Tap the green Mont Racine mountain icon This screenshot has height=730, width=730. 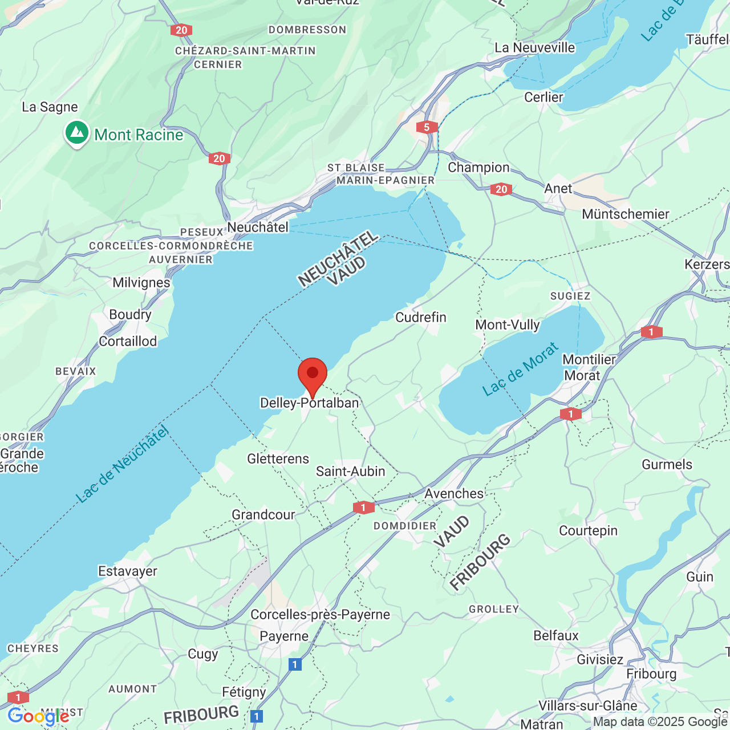77,133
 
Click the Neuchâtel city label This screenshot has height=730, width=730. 258,227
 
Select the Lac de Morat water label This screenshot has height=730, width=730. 520,370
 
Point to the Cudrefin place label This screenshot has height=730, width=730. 421,317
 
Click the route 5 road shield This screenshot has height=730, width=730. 427,127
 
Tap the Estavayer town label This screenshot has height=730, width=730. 128,571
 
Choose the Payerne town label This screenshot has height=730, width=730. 284,636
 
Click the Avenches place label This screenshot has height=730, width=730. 454,493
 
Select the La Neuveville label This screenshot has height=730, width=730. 535,47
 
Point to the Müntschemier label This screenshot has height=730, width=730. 626,214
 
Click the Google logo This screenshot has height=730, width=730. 38,716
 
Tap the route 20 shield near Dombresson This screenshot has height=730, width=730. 181,30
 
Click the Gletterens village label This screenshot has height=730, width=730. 278,459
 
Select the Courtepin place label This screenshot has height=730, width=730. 588,530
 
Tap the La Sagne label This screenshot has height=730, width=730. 50,107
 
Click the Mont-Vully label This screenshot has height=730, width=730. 508,325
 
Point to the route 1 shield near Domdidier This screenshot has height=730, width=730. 363,507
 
